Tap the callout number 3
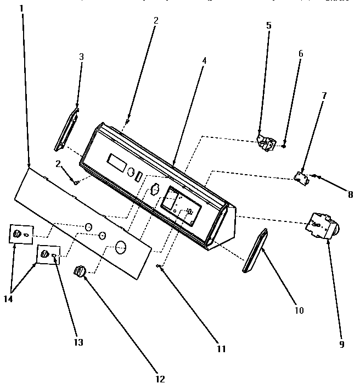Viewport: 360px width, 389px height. pyautogui.click(x=81, y=57)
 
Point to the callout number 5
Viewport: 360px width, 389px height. pyautogui.click(x=268, y=26)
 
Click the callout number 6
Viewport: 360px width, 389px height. pyautogui.click(x=300, y=54)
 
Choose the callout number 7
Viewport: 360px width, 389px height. pyautogui.click(x=324, y=96)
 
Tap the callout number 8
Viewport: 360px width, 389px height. pyautogui.click(x=350, y=193)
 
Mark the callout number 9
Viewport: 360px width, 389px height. pyautogui.click(x=341, y=344)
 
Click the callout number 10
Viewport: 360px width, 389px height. pyautogui.click(x=299, y=310)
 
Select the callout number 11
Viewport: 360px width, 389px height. pyautogui.click(x=220, y=348)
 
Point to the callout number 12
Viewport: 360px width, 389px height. pyautogui.click(x=160, y=379)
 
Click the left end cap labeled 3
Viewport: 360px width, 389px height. pyautogui.click(x=66, y=129)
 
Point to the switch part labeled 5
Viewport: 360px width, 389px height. pyautogui.click(x=266, y=142)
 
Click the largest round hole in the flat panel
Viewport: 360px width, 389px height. pyautogui.click(x=121, y=246)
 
